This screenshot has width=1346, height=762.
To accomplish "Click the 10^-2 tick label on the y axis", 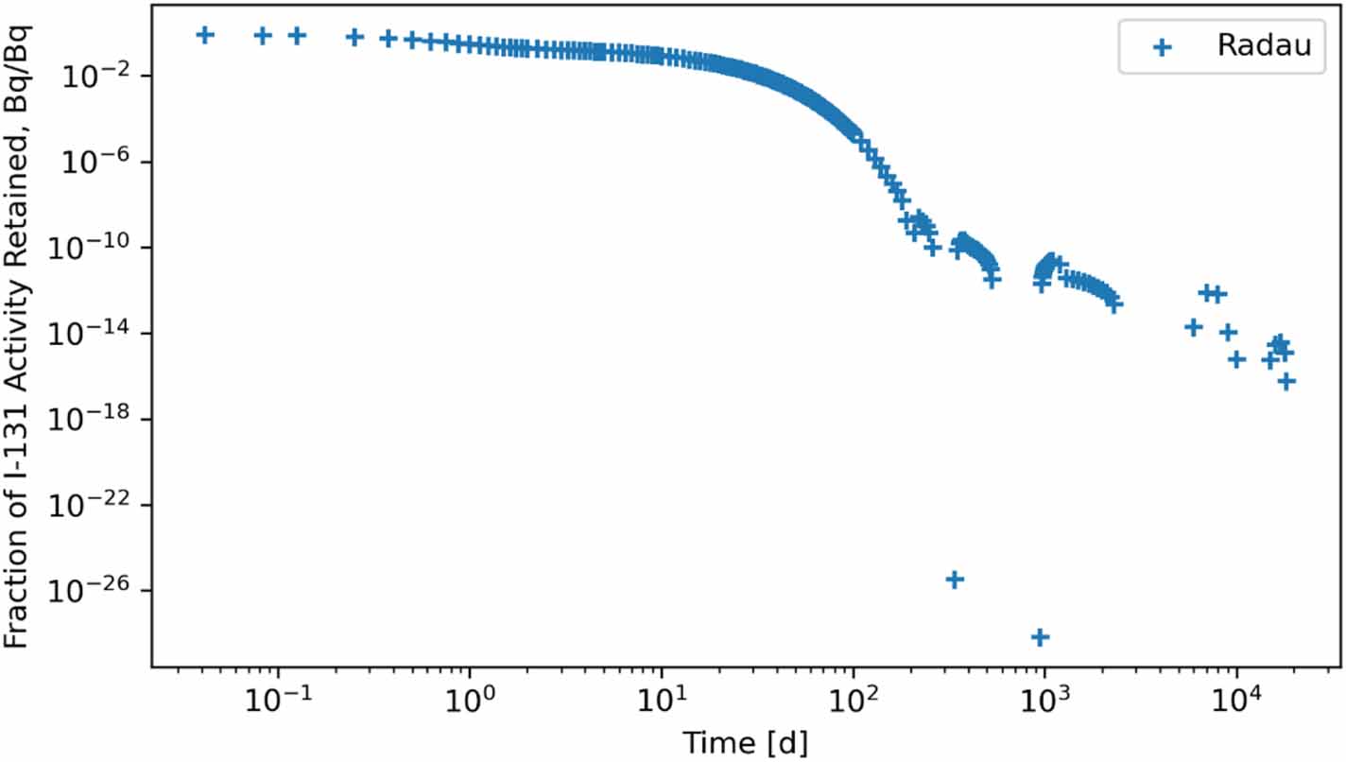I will pyautogui.click(x=102, y=76).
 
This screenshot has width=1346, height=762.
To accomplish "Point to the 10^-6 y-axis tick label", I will pyautogui.click(x=102, y=162).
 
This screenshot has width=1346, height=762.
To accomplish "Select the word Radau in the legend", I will pyautogui.click(x=1264, y=45).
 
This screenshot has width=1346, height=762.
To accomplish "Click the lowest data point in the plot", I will pyautogui.click(x=1040, y=637).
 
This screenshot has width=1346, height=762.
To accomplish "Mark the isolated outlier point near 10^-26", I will pyautogui.click(x=955, y=579).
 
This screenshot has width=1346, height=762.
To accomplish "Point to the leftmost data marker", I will pyautogui.click(x=204, y=35).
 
